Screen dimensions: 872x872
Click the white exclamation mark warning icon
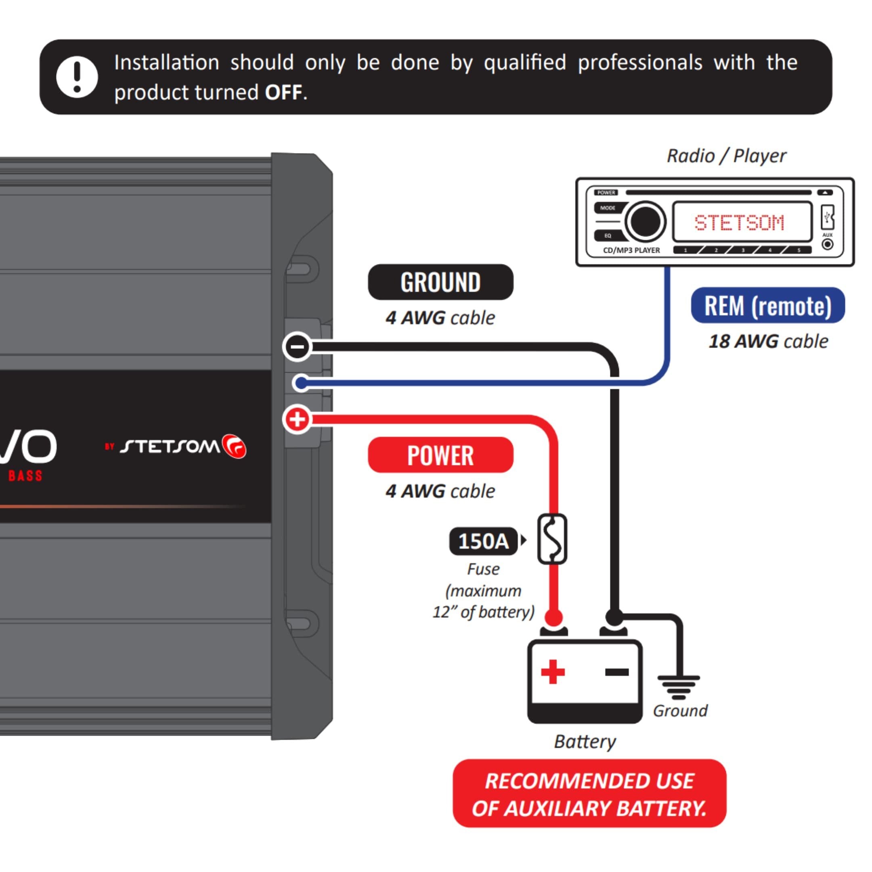(77, 77)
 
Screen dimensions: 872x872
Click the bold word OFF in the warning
(283, 93)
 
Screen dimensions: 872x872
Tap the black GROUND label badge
(440, 282)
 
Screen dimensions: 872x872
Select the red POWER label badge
(440, 455)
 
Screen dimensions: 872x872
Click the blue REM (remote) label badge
(768, 306)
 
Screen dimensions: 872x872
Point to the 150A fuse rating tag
(483, 541)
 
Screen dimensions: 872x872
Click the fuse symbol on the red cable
(552, 539)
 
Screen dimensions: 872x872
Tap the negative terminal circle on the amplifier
(297, 347)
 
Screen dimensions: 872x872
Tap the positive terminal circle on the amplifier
(297, 419)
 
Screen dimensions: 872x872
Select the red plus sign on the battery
(552, 672)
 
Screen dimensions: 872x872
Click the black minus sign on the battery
(617, 672)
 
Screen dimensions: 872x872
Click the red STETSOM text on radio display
(739, 222)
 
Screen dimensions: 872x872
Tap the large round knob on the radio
(645, 221)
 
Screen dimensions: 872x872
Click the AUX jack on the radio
(827, 244)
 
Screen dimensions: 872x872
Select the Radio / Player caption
(726, 156)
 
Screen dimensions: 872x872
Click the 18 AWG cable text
(768, 341)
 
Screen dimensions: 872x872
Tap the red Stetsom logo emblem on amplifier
(234, 447)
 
